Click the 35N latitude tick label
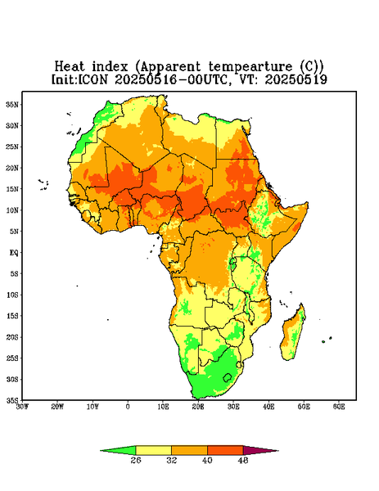(12, 105)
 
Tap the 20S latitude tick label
(12, 337)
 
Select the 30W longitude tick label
(22, 407)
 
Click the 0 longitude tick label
(128, 407)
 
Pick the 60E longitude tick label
(339, 407)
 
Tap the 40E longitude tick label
(268, 407)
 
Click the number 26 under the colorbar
(136, 460)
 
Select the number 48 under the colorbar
(243, 460)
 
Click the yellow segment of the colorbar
(153, 450)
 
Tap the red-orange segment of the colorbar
(225, 450)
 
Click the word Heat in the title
(70, 67)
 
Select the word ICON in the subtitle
(92, 79)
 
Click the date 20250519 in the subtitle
(296, 79)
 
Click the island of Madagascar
(293, 335)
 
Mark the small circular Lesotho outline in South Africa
(228, 377)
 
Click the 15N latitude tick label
(12, 189)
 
